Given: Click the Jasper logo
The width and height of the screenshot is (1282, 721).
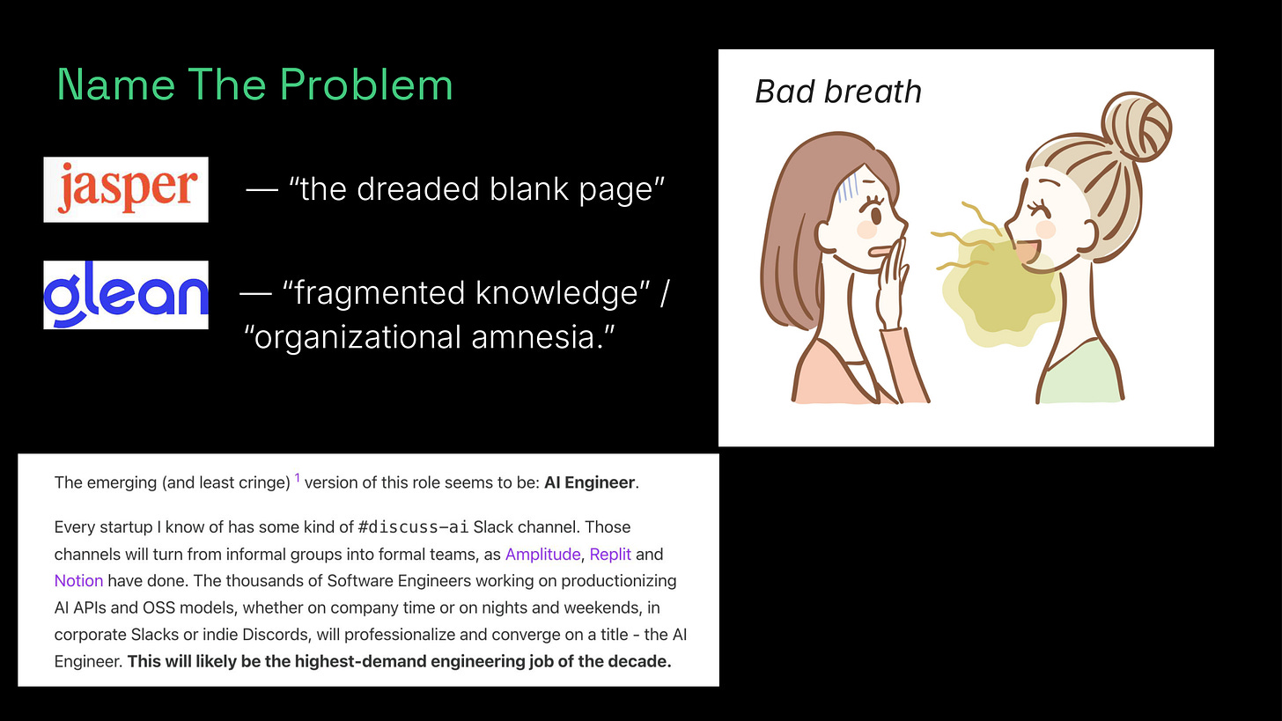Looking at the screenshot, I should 126,189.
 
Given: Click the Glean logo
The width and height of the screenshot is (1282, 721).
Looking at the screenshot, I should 126,295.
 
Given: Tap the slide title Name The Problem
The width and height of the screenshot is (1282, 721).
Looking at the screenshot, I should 254,85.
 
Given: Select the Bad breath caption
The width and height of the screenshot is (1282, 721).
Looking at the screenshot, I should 838,92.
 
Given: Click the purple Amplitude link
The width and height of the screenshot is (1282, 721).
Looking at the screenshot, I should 542,554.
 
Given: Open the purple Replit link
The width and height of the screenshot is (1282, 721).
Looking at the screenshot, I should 610,554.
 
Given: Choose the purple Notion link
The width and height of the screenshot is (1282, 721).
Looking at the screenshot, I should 78,580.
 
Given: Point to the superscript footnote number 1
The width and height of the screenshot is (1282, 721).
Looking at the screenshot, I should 297,478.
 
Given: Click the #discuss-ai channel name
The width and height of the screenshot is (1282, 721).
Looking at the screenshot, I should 413,527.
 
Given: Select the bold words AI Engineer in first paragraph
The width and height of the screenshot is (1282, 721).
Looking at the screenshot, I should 589,482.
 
